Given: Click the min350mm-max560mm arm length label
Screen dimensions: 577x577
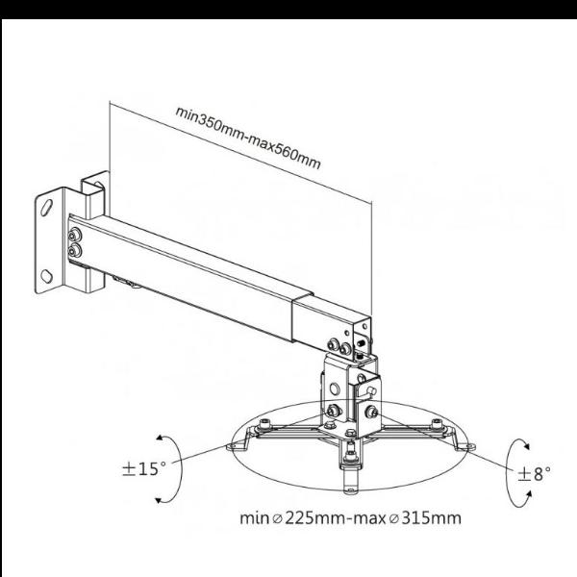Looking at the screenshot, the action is tap(248, 138).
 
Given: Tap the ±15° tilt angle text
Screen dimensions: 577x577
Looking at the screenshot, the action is tap(144, 469).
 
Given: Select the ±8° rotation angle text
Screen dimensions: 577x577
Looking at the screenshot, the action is tap(535, 474).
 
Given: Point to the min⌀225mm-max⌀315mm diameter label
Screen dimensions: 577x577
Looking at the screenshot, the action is tap(350, 517).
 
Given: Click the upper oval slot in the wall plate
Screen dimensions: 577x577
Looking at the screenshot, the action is tap(47, 207).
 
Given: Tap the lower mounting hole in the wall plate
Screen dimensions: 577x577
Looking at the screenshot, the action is tap(46, 276).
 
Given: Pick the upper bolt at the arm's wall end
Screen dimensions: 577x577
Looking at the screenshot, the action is tap(75, 235).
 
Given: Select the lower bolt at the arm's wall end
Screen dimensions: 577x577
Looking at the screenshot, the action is tap(74, 251).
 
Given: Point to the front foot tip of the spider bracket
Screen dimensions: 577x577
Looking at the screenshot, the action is tap(350, 489).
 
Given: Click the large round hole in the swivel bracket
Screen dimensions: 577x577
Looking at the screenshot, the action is tap(334, 389).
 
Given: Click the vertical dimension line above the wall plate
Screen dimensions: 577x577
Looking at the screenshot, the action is tap(110, 137).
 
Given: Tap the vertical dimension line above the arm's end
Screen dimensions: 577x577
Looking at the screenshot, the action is tap(371, 259).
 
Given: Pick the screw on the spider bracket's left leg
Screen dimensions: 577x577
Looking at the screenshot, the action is tap(264, 425).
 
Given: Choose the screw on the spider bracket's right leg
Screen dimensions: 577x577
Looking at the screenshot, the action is tap(437, 424).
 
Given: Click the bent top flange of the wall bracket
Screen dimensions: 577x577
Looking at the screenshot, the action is tap(95, 181).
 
